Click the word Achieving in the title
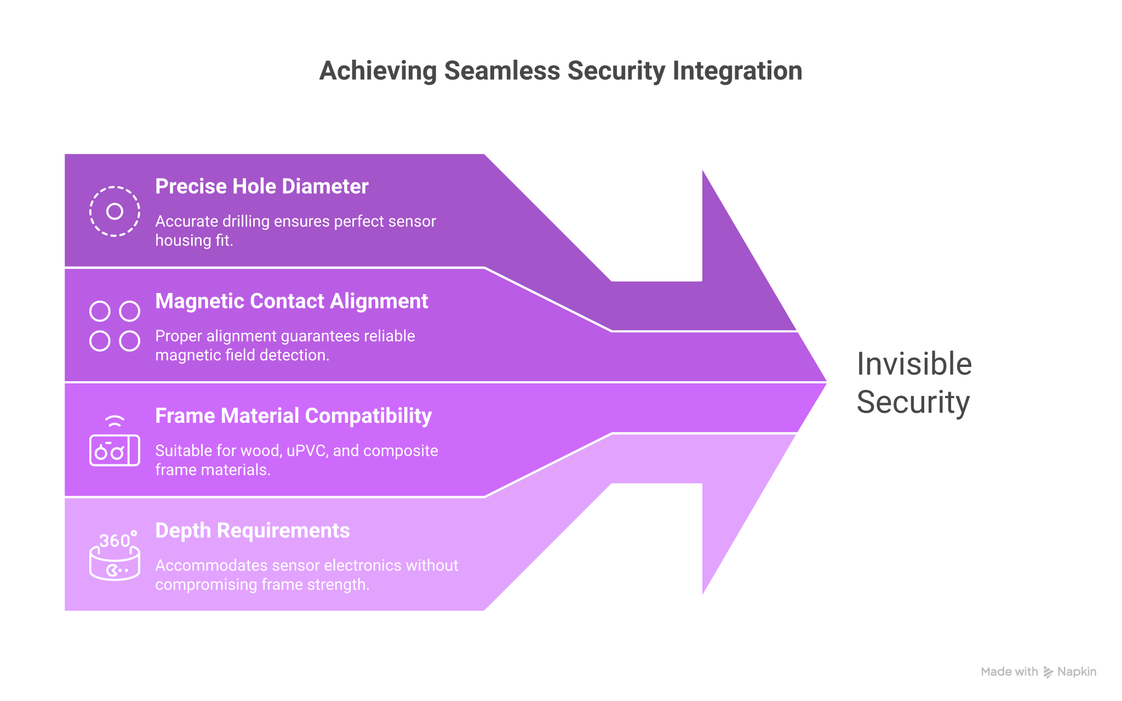pyautogui.click(x=377, y=71)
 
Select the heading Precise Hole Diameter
pyautogui.click(x=262, y=187)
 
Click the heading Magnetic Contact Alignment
pyautogui.click(x=291, y=301)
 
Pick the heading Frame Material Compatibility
pyautogui.click(x=293, y=416)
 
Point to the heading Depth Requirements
pyautogui.click(x=253, y=531)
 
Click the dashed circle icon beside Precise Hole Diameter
pyautogui.click(x=115, y=211)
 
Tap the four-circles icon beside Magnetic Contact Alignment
pyautogui.click(x=115, y=326)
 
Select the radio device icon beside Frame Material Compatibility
pyautogui.click(x=115, y=443)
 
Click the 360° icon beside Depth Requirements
pyautogui.click(x=115, y=556)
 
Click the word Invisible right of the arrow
pyautogui.click(x=914, y=364)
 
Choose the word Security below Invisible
pyautogui.click(x=913, y=403)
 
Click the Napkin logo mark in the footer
pyautogui.click(x=1048, y=672)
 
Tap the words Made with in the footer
pyautogui.click(x=1009, y=672)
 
